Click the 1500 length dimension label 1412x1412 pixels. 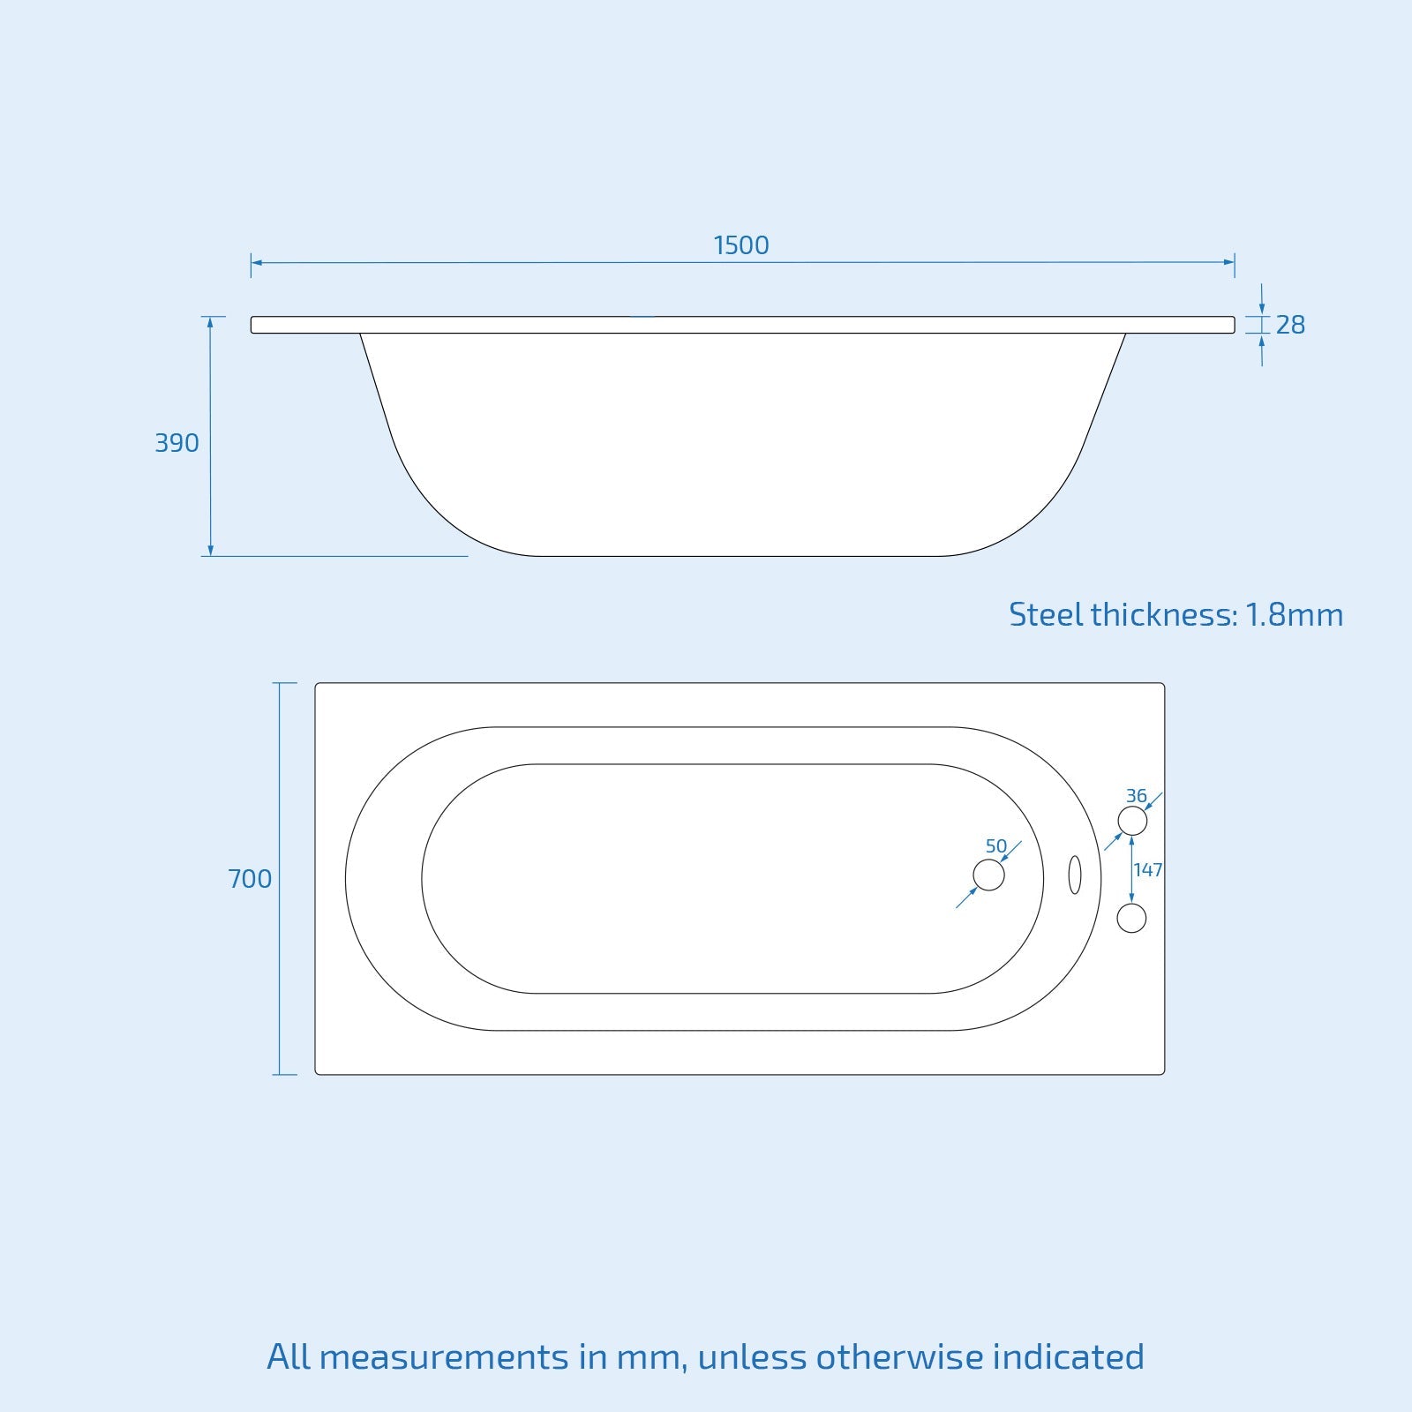tap(740, 245)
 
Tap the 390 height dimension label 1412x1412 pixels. tap(176, 443)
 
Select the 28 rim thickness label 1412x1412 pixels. tap(1290, 326)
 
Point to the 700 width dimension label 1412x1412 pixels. tap(250, 879)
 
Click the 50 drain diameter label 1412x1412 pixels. tap(995, 846)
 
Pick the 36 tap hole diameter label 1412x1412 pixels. tap(1136, 796)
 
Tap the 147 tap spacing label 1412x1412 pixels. tap(1148, 870)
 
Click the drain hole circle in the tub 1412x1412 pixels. tap(988, 875)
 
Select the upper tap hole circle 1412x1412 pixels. tap(1132, 821)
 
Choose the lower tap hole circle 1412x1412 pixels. tap(1131, 918)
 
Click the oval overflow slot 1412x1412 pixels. tap(1074, 875)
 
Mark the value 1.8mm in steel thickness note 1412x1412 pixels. tap(1294, 615)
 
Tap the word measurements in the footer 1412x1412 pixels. tap(444, 1357)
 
